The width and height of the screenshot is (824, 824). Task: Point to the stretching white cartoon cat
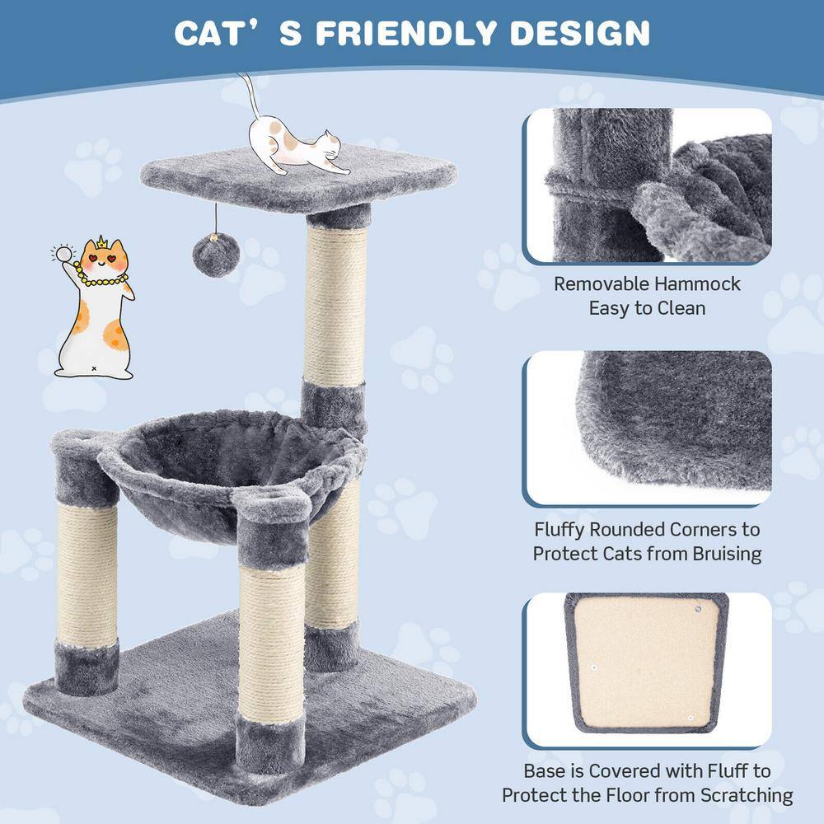(297, 149)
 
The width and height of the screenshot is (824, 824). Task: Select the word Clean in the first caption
(681, 309)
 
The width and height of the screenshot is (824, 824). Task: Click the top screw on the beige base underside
(697, 609)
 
